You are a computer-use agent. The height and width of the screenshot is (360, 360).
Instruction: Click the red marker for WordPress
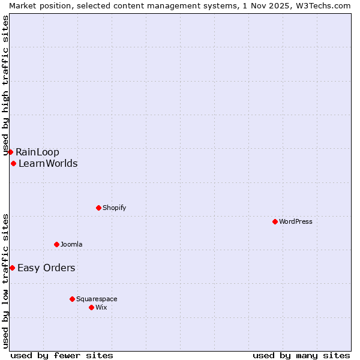click(x=275, y=221)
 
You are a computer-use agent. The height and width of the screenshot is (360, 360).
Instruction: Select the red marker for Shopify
click(x=98, y=208)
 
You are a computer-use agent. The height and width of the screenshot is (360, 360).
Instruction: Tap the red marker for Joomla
click(x=56, y=244)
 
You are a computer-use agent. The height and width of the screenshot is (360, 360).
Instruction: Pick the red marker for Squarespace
click(x=72, y=299)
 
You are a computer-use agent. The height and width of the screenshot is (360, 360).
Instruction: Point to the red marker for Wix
click(x=91, y=307)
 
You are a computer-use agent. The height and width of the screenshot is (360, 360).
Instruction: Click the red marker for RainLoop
click(x=10, y=152)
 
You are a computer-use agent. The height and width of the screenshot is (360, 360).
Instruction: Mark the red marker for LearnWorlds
click(x=13, y=163)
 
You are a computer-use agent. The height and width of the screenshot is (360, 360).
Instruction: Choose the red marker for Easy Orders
click(x=12, y=268)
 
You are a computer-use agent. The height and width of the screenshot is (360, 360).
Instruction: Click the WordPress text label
click(x=296, y=221)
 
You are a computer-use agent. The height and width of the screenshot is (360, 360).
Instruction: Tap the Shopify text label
click(x=114, y=208)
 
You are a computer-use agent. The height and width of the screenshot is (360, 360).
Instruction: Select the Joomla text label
click(x=71, y=244)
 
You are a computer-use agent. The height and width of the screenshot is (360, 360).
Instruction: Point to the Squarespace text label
click(x=97, y=299)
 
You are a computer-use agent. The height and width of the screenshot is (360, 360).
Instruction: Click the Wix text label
click(x=101, y=307)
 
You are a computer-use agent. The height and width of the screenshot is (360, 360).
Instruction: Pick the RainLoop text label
click(x=37, y=152)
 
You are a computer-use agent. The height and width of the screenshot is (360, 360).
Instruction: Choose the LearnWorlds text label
click(x=48, y=163)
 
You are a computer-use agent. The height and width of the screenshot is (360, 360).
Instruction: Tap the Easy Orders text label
click(x=46, y=268)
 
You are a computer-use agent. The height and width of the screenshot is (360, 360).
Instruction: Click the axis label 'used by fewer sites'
click(x=62, y=355)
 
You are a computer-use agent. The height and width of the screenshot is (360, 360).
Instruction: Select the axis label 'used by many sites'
click(x=301, y=355)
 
